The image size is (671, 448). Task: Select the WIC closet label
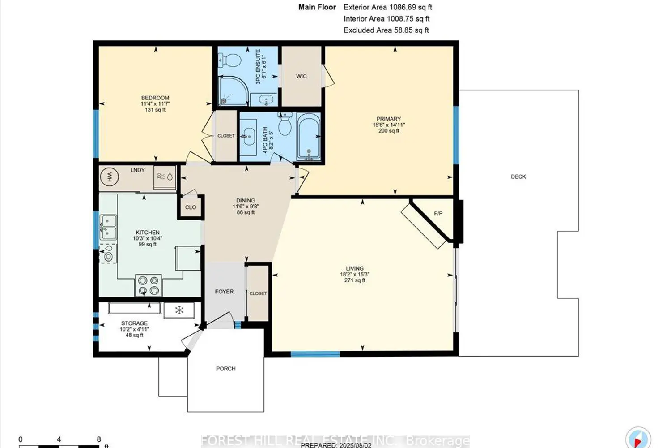click(x=302, y=76)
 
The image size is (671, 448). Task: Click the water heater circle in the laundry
click(x=109, y=177)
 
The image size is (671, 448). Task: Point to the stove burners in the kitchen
click(x=149, y=285)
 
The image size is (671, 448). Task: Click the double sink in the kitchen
click(x=108, y=228)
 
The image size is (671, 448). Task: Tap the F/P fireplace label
click(x=438, y=214)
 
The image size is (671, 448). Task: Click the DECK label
click(x=518, y=177)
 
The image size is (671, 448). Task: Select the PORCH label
click(x=225, y=369)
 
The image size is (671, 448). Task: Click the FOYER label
click(x=224, y=292)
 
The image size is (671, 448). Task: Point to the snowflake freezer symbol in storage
click(x=179, y=310)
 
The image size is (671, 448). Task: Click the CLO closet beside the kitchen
click(x=191, y=207)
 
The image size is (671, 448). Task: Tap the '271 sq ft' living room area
click(x=355, y=280)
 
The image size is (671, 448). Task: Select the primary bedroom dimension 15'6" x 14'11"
click(x=389, y=125)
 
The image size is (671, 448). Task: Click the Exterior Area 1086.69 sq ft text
click(x=387, y=7)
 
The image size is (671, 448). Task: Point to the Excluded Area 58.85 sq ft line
click(x=386, y=30)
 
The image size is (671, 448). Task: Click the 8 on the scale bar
click(x=99, y=439)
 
